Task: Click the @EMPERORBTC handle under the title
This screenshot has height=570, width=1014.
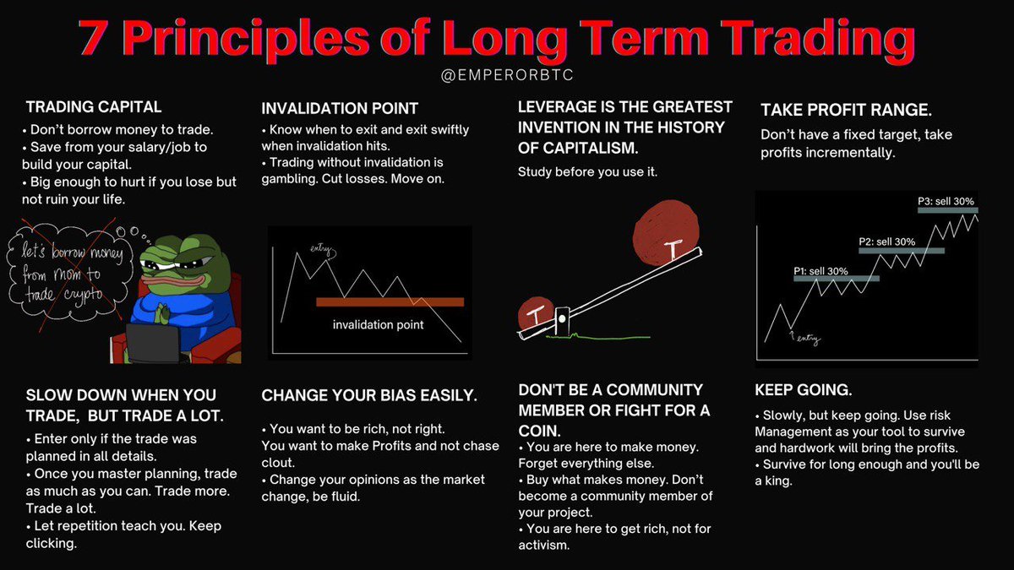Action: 507,76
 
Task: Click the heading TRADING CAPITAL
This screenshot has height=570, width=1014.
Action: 94,107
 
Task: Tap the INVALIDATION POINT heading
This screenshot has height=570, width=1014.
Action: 340,109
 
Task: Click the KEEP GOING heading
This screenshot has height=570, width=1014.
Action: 804,391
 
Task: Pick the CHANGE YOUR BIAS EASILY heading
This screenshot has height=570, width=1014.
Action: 369,395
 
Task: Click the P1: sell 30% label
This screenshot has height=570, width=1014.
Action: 820,271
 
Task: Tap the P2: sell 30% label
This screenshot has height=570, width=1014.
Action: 886,242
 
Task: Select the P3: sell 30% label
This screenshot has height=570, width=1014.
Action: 946,202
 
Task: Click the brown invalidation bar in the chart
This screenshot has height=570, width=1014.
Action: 390,301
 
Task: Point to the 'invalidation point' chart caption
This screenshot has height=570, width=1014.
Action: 378,325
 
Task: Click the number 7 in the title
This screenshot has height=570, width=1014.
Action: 95,38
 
